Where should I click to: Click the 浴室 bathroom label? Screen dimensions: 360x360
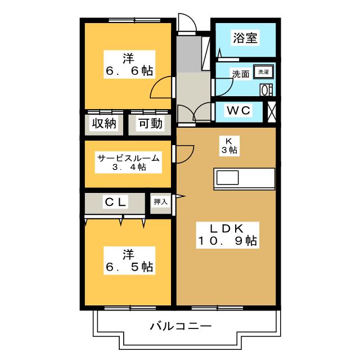coord(245,38)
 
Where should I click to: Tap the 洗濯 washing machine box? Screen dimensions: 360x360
coord(263,72)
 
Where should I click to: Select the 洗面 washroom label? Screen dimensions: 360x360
coord(241,74)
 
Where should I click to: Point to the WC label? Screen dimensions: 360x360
coord(238,110)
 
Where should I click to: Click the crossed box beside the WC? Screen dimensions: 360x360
coord(272,112)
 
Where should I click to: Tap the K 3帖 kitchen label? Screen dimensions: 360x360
coord(229,146)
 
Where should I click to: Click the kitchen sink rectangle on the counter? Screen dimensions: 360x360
coord(227,178)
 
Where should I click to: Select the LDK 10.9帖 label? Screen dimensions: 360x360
coord(227,235)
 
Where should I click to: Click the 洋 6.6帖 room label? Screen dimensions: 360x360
coord(129,65)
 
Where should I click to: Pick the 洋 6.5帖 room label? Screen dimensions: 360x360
coord(129,260)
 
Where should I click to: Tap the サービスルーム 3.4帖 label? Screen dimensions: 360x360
coord(128,163)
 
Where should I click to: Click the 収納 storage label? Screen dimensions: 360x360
coord(104,124)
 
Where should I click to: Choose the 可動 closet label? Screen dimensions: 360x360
coord(150,124)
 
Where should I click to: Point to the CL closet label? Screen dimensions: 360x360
coord(115,202)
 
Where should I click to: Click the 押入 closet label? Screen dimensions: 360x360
coord(160,202)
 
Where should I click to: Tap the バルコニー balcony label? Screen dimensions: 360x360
coord(181,326)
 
